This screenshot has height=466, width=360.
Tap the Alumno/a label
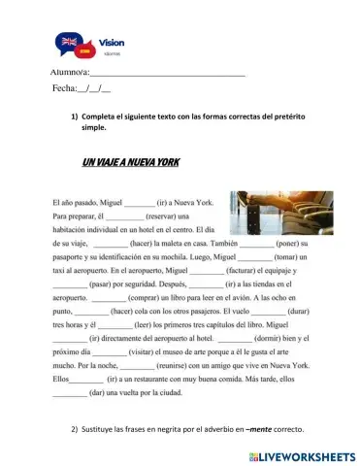[x=68, y=73]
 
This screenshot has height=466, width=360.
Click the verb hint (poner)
[x=292, y=244]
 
